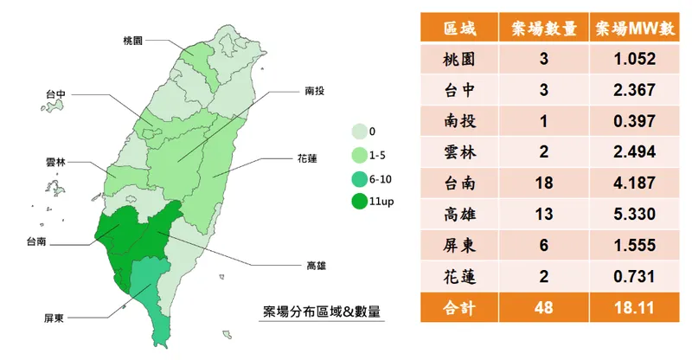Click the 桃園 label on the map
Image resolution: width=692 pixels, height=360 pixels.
click(x=131, y=41)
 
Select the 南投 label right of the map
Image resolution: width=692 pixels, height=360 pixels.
click(x=316, y=89)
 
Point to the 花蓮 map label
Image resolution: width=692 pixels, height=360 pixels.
click(x=306, y=159)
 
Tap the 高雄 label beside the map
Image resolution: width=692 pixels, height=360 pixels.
click(x=316, y=265)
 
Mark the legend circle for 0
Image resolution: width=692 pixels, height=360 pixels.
click(x=357, y=132)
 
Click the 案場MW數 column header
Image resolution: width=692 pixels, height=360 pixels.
click(x=635, y=29)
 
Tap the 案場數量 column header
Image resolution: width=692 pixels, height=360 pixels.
click(x=545, y=29)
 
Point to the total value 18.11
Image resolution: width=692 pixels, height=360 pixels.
click(x=635, y=307)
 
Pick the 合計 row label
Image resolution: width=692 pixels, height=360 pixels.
click(x=459, y=307)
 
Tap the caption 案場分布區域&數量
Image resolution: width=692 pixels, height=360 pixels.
click(x=322, y=312)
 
